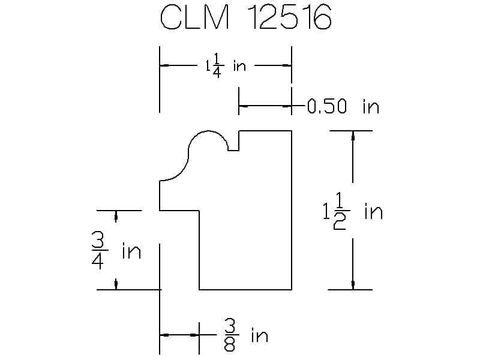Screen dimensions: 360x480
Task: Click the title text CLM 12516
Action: click(246, 19)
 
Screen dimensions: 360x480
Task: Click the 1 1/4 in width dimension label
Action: click(225, 65)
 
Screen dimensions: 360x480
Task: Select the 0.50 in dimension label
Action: click(343, 107)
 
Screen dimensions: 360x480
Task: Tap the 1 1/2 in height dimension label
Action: click(352, 212)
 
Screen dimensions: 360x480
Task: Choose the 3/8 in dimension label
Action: click(246, 335)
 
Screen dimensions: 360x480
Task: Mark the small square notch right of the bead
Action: click(233, 143)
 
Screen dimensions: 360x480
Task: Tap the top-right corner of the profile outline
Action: click(292, 131)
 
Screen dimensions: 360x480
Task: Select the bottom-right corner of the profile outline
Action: click(292, 289)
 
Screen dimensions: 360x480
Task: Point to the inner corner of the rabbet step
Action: click(199, 211)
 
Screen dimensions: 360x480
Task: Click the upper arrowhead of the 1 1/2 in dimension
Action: click(353, 136)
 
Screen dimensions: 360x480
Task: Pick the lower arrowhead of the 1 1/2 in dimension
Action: click(353, 284)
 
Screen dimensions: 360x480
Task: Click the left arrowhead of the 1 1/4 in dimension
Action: click(164, 65)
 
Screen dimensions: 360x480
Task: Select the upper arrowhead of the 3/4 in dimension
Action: click(116, 215)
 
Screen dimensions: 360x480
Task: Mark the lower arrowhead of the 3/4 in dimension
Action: click(116, 284)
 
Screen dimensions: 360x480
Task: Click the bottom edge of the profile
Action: click(245, 289)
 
